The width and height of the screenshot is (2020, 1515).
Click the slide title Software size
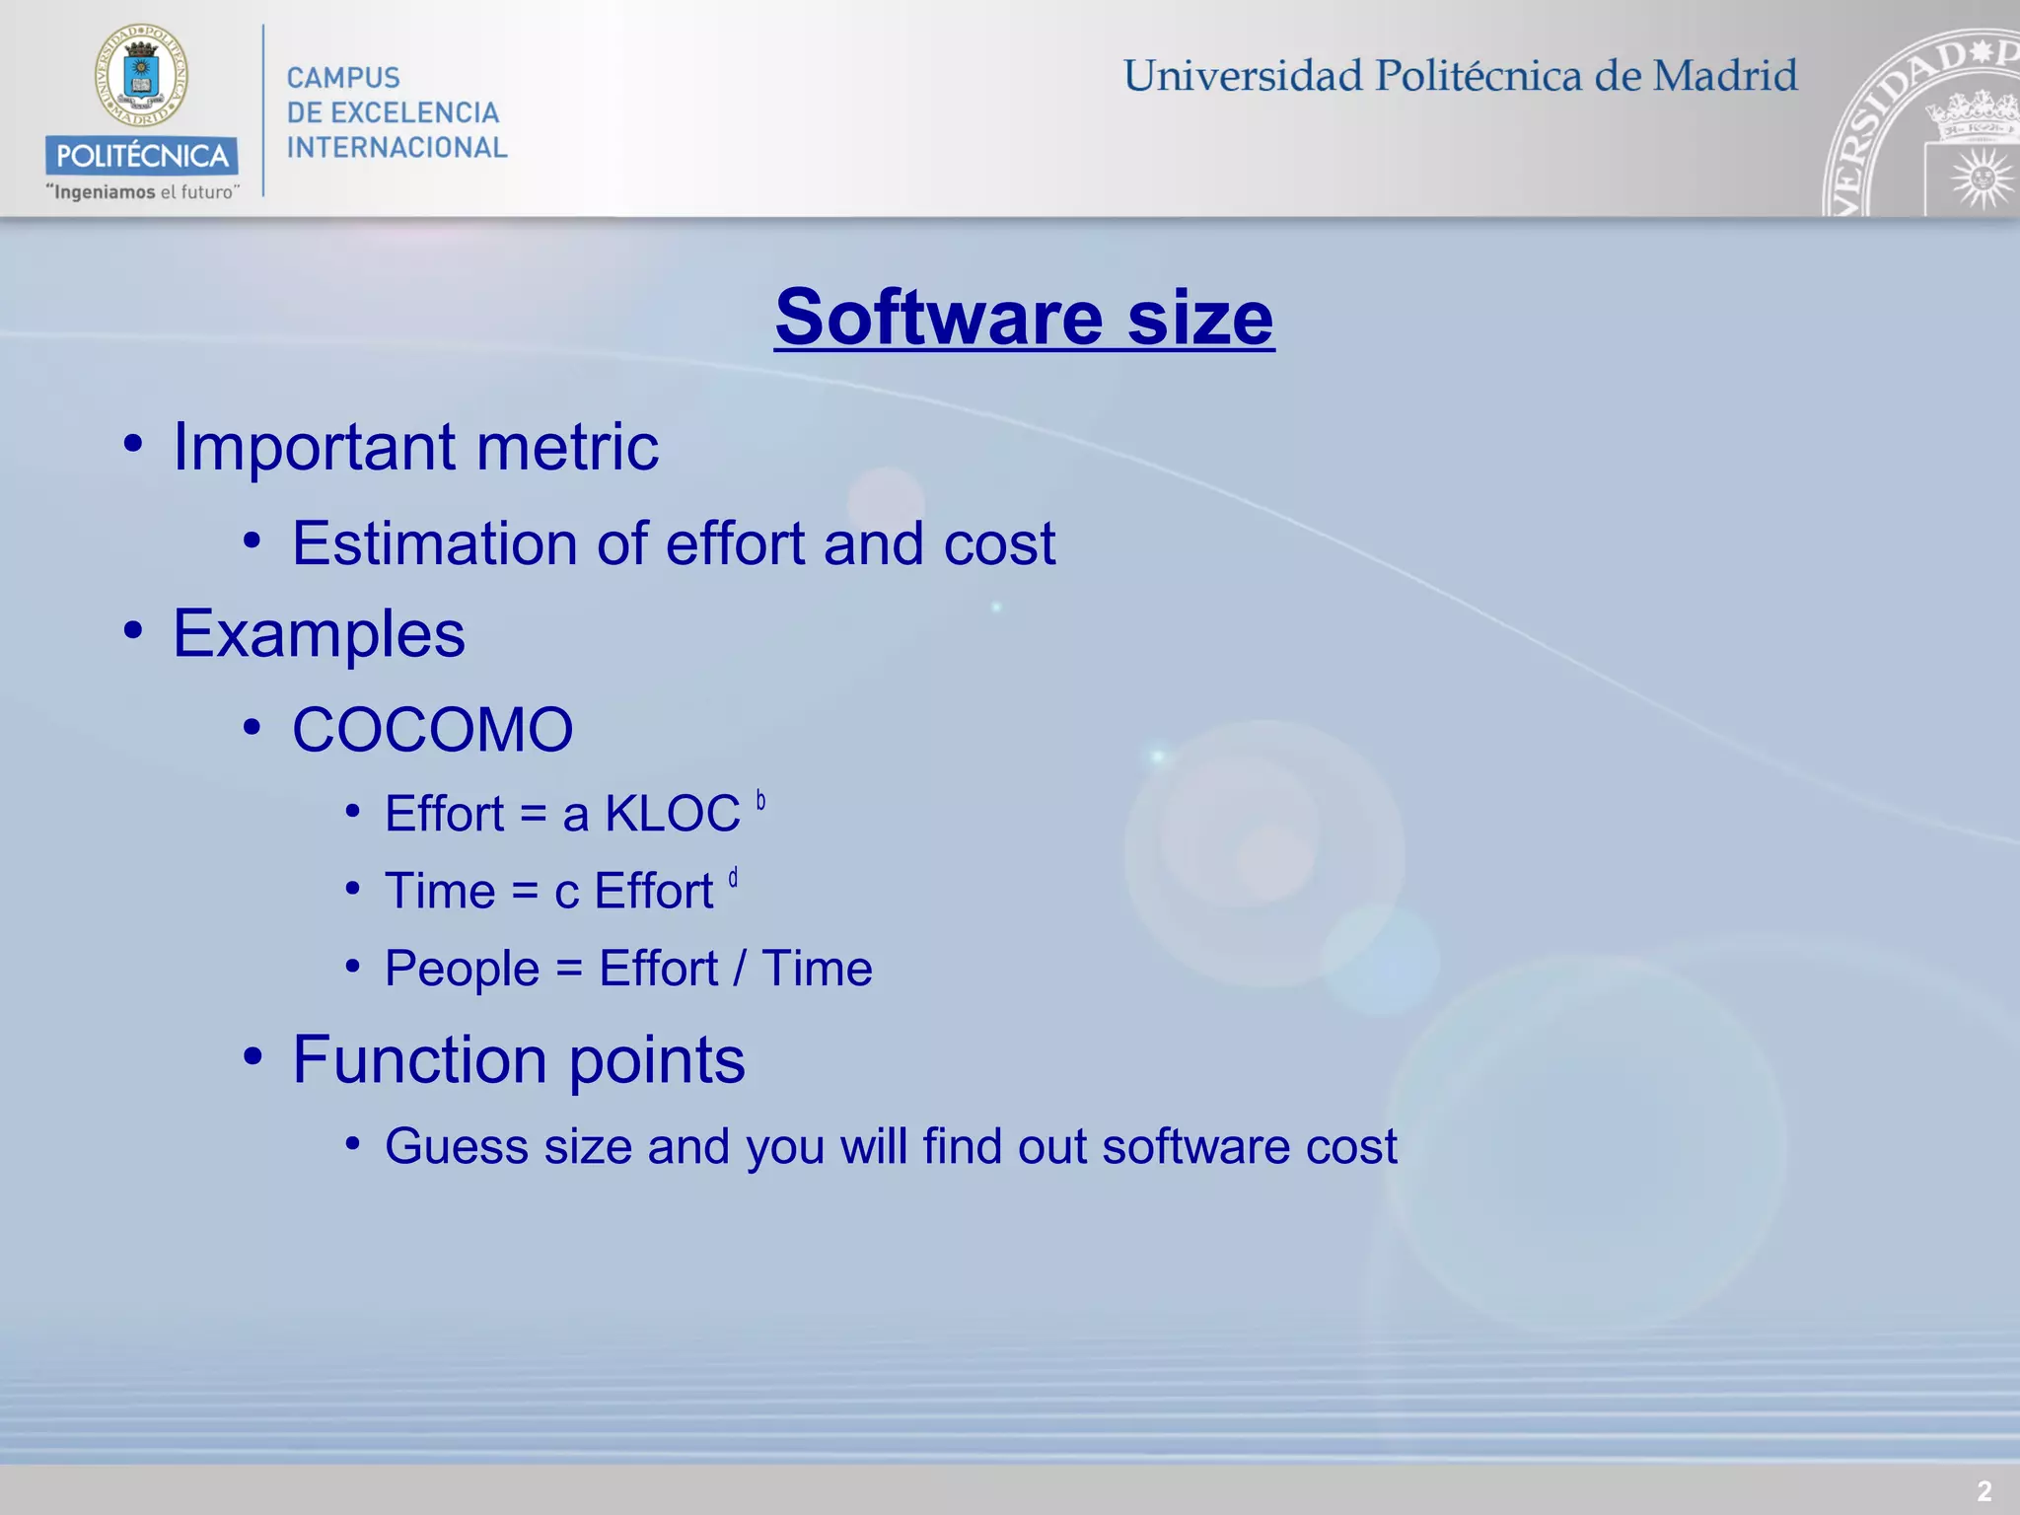(1024, 318)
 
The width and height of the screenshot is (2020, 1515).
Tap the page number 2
(1984, 1490)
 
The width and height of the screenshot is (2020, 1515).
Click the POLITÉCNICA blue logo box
(141, 156)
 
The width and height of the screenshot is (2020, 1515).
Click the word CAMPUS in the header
(343, 78)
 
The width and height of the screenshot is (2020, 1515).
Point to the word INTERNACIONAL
(397, 148)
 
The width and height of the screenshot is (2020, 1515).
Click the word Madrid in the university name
(1725, 76)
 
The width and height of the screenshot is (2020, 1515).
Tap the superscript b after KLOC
(760, 800)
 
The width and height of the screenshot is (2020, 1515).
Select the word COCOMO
(432, 730)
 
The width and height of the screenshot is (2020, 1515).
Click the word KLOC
(672, 815)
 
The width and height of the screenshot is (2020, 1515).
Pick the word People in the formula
(462, 969)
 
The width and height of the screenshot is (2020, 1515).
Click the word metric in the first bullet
(567, 447)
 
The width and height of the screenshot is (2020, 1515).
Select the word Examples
(319, 633)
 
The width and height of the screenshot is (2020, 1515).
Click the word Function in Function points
(420, 1060)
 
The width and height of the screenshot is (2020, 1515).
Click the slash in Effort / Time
(739, 969)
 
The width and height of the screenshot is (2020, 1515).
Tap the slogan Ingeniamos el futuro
(142, 192)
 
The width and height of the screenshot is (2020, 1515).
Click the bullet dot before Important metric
(133, 444)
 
